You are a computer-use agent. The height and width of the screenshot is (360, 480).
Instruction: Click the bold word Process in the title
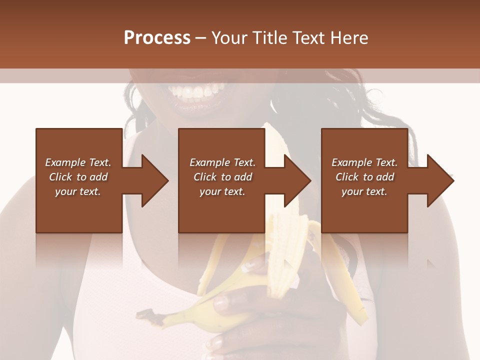point(157,38)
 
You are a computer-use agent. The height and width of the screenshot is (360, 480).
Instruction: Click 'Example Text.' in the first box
point(78,162)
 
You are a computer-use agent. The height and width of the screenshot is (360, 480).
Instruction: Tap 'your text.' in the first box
point(78,191)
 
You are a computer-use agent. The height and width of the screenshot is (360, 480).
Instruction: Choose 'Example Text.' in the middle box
point(222,162)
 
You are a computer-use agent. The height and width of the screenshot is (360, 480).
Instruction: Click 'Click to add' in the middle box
point(222,177)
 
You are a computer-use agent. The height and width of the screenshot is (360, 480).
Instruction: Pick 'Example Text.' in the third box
point(364,162)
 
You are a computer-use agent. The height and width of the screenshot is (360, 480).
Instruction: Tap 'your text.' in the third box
point(364,191)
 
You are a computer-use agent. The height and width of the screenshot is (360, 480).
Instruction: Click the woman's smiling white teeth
point(196,91)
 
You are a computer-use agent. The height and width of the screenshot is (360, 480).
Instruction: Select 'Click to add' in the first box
point(78,177)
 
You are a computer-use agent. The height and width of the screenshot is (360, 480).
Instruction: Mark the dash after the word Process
point(201,38)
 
